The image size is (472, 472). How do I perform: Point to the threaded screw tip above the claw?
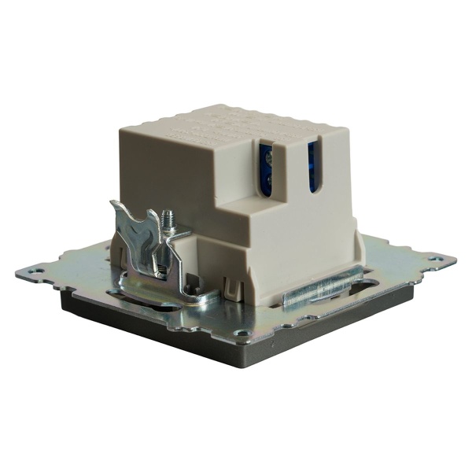coord(167,217)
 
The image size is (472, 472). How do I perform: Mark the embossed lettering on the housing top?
coord(228,126)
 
